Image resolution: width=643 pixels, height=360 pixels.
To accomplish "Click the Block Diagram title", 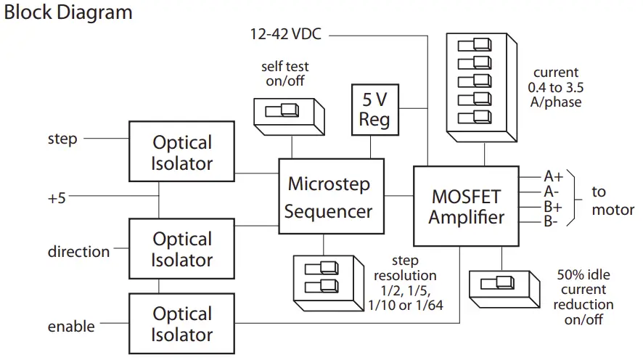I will (x=68, y=12).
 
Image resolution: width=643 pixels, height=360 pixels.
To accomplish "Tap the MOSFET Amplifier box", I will (x=466, y=206).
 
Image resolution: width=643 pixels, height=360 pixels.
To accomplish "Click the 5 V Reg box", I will (x=374, y=110).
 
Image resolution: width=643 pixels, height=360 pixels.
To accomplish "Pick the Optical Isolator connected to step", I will (x=181, y=152).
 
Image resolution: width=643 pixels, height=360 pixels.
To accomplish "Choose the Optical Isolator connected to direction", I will (x=181, y=249).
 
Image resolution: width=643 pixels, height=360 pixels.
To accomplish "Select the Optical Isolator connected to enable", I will (x=181, y=324).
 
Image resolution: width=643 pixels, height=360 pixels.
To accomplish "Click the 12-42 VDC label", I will (x=287, y=33).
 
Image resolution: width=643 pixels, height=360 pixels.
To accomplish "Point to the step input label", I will (x=62, y=138).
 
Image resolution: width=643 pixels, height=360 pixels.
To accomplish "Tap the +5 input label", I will (x=57, y=197).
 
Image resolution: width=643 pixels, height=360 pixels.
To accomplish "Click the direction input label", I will (x=78, y=252).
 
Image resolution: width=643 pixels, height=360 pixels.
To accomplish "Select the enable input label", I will (x=71, y=327).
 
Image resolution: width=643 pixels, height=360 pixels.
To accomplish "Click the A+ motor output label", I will (x=554, y=176).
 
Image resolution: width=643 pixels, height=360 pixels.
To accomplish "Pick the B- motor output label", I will (x=552, y=221).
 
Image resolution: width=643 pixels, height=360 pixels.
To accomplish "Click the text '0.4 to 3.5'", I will (x=557, y=87).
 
